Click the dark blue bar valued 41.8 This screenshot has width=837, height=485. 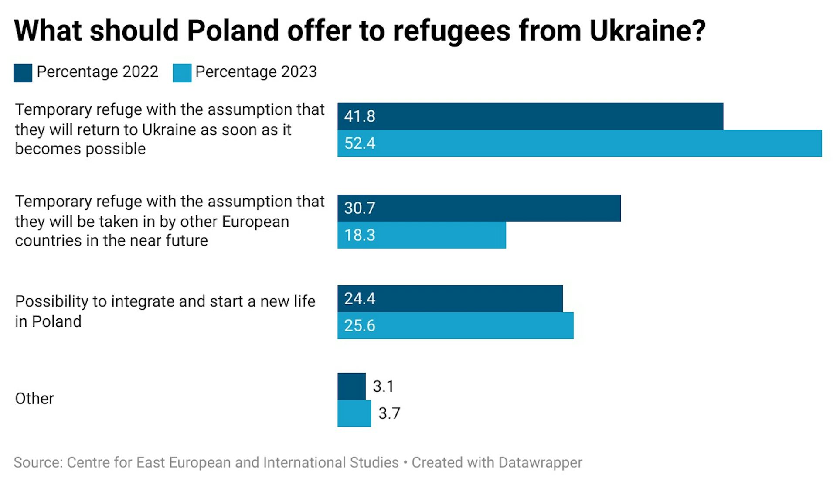point(530,116)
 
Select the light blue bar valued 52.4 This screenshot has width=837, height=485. point(579,143)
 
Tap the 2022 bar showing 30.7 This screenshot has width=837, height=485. point(479,208)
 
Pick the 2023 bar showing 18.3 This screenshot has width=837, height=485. point(422,235)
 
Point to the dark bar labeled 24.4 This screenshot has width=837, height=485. point(450,299)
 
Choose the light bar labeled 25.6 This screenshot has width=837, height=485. point(455,325)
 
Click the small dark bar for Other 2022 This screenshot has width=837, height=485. point(351,386)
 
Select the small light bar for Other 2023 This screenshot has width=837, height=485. point(354,413)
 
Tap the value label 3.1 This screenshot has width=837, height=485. point(383,386)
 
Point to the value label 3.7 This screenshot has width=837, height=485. point(389,413)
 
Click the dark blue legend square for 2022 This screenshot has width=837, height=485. point(23,73)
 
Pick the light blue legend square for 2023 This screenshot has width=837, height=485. point(182,73)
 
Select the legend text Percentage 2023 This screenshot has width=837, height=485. point(256,72)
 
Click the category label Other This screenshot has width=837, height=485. point(34,399)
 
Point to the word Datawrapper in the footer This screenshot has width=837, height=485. point(540,462)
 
